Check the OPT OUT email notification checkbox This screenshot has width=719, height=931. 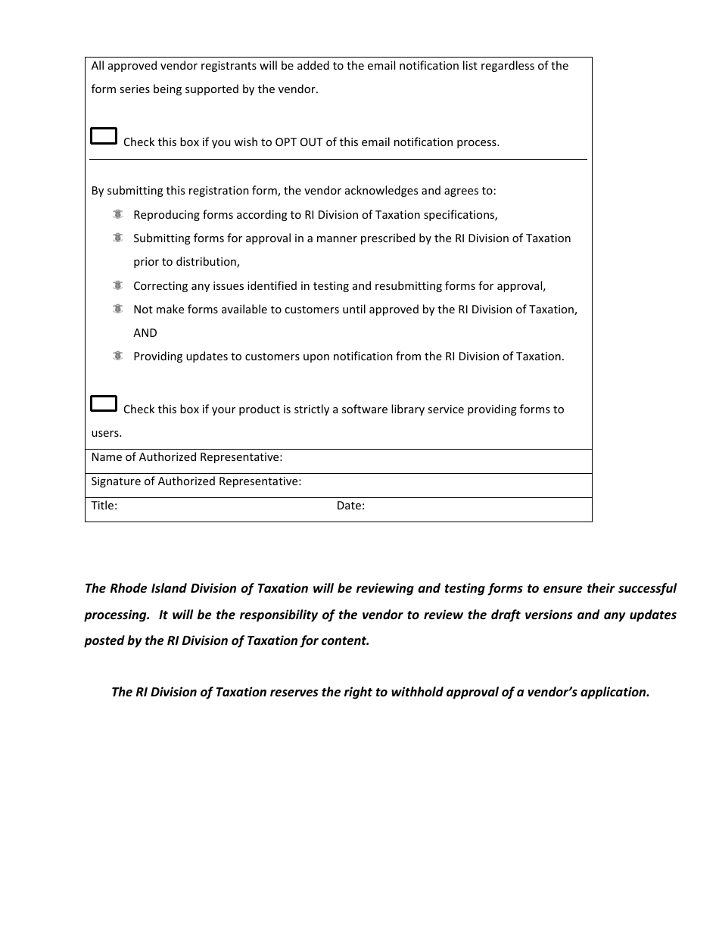tap(104, 136)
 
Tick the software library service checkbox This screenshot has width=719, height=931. tap(104, 403)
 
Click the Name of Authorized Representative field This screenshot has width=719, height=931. tap(435, 458)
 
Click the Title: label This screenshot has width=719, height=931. tap(104, 506)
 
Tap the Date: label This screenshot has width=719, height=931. tap(350, 506)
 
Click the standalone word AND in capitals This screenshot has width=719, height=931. tap(145, 333)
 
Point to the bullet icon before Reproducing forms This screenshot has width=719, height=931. tap(117, 214)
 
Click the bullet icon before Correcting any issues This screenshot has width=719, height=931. tap(117, 285)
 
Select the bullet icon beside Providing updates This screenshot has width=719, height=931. tap(117, 356)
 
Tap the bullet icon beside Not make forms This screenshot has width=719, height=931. tap(117, 309)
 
